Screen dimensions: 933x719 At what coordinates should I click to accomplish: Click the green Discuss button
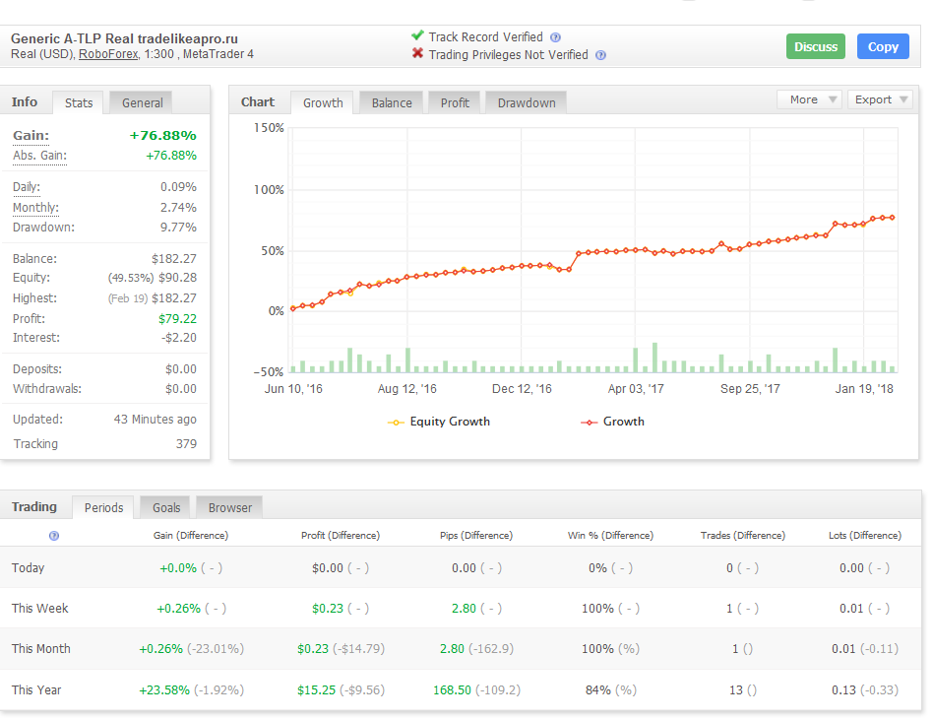(x=815, y=46)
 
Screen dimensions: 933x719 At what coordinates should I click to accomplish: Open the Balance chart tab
(x=392, y=103)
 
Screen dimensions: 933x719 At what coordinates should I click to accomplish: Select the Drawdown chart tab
(x=527, y=103)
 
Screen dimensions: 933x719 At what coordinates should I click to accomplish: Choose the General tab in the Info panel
(x=142, y=103)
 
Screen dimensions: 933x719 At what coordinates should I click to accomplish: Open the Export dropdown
(x=880, y=99)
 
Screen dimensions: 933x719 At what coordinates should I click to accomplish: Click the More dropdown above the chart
(x=809, y=99)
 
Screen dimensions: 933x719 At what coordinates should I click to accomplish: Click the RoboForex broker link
(x=108, y=54)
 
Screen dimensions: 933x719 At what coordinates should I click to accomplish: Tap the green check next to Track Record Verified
(x=417, y=35)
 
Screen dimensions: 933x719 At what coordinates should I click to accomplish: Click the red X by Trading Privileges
(x=417, y=53)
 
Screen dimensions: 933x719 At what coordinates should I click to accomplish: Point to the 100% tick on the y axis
(x=269, y=190)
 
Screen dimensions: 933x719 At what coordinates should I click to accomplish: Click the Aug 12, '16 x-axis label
(x=407, y=389)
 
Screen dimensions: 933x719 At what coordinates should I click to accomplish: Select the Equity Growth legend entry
(x=439, y=422)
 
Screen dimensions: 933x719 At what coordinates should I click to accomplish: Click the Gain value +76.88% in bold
(x=163, y=136)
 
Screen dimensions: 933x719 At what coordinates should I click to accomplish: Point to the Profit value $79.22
(x=177, y=319)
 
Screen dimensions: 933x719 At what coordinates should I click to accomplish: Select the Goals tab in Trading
(x=166, y=507)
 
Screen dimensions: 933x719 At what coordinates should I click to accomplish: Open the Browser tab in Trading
(x=229, y=507)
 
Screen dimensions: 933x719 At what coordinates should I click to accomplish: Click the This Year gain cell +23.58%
(x=164, y=689)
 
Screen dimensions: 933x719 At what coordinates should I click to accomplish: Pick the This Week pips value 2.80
(x=464, y=609)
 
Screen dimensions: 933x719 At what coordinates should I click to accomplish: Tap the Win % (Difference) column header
(x=610, y=536)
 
